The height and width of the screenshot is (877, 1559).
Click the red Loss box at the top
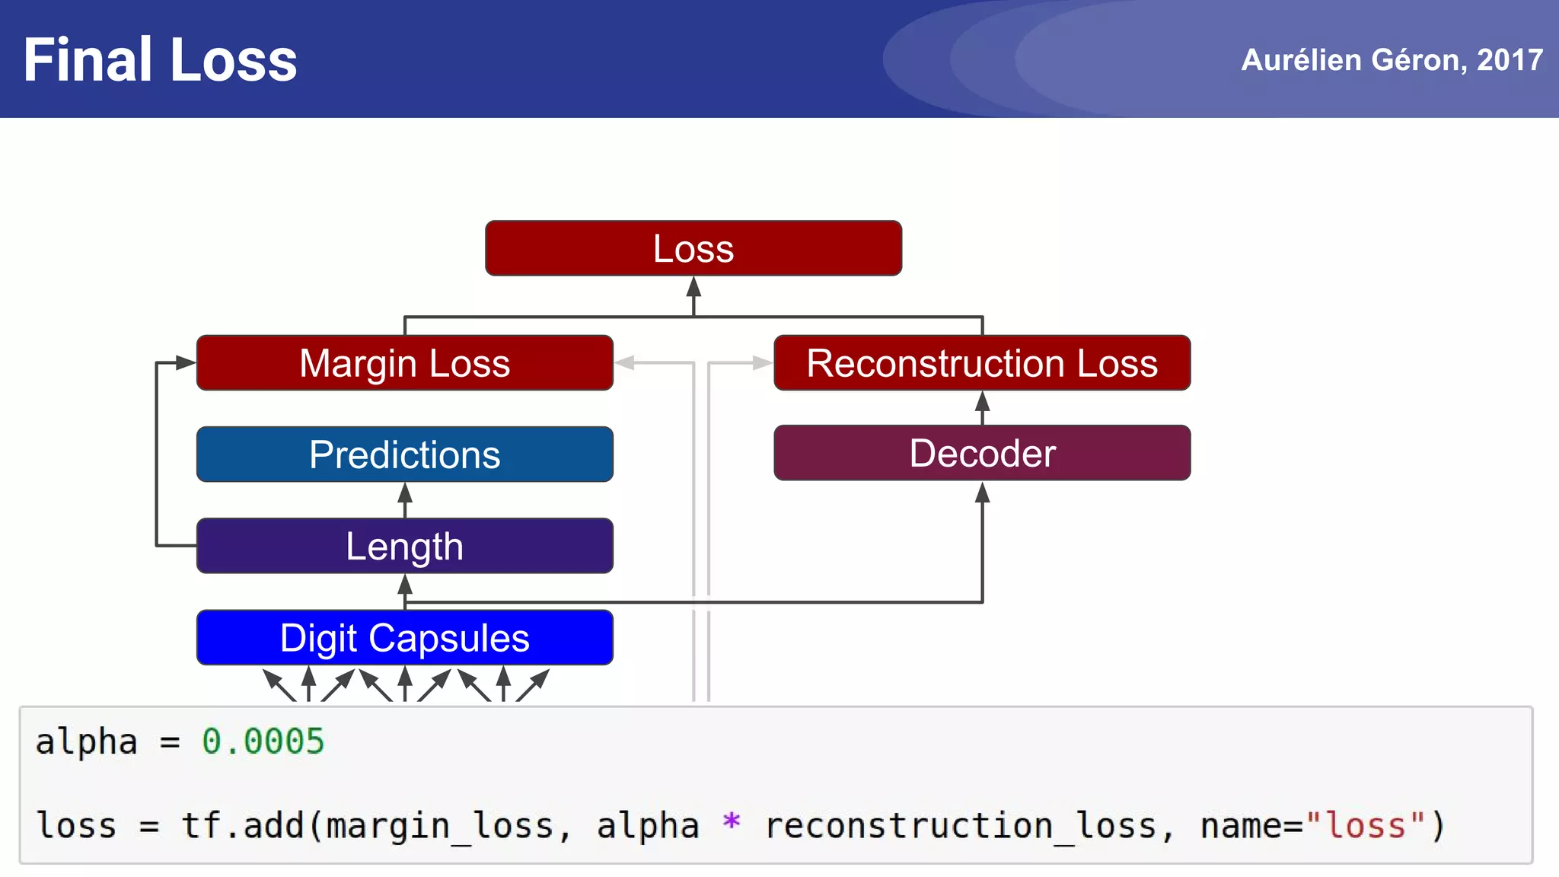click(x=693, y=248)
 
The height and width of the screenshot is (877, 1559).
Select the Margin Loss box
click(x=404, y=363)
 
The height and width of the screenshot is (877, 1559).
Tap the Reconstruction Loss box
click(x=982, y=363)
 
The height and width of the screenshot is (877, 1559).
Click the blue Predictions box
click(x=404, y=454)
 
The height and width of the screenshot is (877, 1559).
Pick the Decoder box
click(x=982, y=454)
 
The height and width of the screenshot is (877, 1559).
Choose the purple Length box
click(x=404, y=546)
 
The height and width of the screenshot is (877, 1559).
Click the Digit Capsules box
click(x=404, y=637)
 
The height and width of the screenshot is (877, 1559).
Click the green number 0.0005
click(x=263, y=741)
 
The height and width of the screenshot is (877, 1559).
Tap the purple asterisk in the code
click(x=731, y=823)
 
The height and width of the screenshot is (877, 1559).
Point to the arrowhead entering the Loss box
click(x=693, y=286)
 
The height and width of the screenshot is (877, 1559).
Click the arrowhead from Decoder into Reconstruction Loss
click(x=982, y=401)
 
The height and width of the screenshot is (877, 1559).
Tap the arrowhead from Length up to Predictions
click(x=405, y=493)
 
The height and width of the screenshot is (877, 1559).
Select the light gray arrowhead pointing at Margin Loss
click(x=625, y=363)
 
